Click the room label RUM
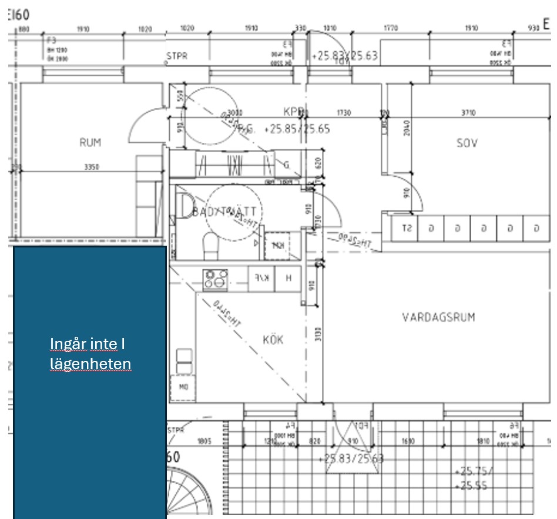90,142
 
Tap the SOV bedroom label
467,142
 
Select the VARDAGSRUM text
438,317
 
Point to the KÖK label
273,340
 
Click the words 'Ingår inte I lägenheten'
90,354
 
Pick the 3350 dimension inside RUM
91,167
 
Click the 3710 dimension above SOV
468,112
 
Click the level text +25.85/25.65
297,129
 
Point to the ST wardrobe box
405,228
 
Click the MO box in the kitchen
183,387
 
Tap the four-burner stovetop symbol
215,278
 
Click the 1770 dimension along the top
390,28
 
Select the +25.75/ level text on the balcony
475,471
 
